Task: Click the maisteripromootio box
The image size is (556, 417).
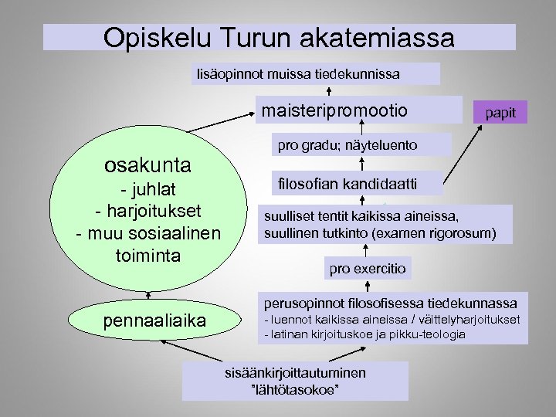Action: tap(334, 110)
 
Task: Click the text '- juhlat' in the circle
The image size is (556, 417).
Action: tap(147, 190)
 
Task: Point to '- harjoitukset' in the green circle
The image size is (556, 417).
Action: tap(147, 211)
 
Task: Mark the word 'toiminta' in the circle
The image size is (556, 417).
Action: tap(147, 254)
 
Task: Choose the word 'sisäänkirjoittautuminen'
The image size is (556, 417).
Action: tap(295, 373)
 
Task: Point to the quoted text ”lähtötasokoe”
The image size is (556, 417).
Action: tap(295, 388)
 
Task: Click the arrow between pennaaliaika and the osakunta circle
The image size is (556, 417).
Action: tap(148, 296)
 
